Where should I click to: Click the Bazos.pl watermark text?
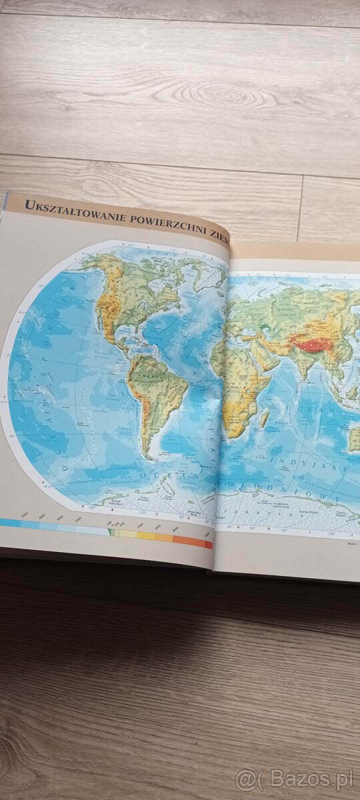click(297, 779)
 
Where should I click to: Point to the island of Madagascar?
click(265, 419)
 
